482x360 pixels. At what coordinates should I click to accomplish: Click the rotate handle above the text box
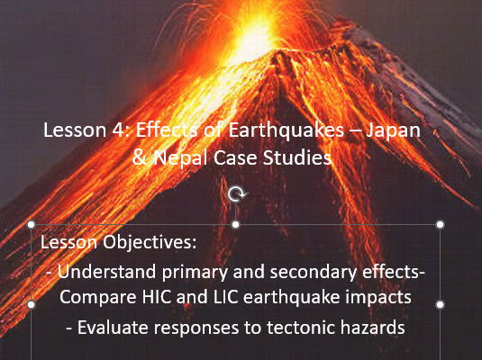point(236,193)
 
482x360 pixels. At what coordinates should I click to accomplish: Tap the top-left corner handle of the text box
point(32,224)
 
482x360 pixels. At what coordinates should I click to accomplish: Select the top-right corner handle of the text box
point(440,224)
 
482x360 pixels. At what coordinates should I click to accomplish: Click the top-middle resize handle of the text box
point(236,224)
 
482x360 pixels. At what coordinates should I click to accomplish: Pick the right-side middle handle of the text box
point(440,304)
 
